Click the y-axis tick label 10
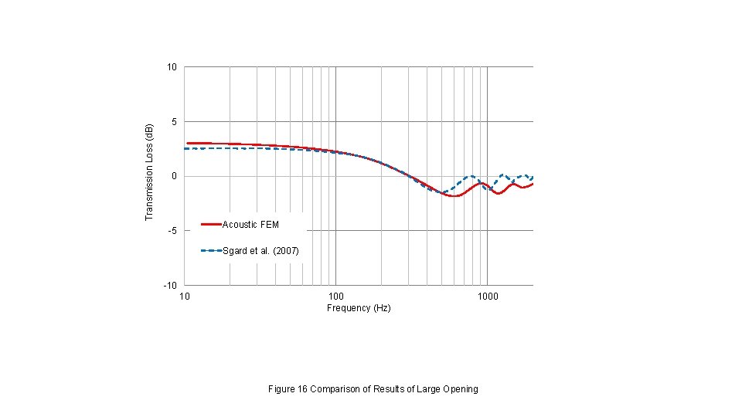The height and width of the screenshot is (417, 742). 172,67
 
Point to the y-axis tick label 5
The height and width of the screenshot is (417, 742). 174,122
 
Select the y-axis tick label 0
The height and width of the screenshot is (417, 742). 174,176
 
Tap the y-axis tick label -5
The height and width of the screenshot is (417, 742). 172,231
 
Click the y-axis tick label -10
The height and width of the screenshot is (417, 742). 170,286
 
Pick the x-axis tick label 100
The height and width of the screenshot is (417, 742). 335,297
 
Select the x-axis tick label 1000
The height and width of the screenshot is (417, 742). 487,297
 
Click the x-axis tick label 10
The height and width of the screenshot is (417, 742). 185,297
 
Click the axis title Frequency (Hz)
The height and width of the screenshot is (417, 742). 359,308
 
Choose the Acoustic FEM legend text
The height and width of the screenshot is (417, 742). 250,225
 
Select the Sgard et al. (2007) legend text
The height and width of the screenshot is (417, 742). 260,251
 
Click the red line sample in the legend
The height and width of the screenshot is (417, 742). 211,225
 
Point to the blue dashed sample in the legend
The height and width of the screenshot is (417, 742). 211,251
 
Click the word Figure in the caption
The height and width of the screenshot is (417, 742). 281,389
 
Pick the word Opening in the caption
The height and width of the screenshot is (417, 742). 461,389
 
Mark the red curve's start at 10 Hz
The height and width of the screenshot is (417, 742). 187,143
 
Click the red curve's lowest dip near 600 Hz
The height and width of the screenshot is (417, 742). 454,196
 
